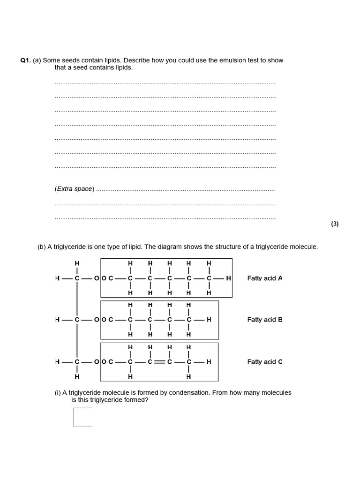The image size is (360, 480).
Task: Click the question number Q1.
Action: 25,60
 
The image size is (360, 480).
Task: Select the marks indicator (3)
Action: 335,224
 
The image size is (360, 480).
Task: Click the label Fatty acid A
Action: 265,278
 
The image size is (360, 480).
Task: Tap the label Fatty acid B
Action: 265,320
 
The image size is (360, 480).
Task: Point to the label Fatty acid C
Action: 265,362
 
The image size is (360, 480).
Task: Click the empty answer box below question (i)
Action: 83,417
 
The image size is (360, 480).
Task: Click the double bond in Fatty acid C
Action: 159,362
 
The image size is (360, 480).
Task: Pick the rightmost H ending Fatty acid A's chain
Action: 228,278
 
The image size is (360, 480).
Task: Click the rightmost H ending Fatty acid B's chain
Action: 209,320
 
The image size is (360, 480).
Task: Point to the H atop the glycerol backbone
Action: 77,263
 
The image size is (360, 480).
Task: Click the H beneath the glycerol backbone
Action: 77,376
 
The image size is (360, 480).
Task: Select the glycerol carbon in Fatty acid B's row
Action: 77,320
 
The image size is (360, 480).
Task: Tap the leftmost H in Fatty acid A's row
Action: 57,278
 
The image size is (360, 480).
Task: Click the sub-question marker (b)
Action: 41,247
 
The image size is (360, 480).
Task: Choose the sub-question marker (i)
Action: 58,393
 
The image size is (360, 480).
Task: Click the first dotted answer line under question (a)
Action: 165,83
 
